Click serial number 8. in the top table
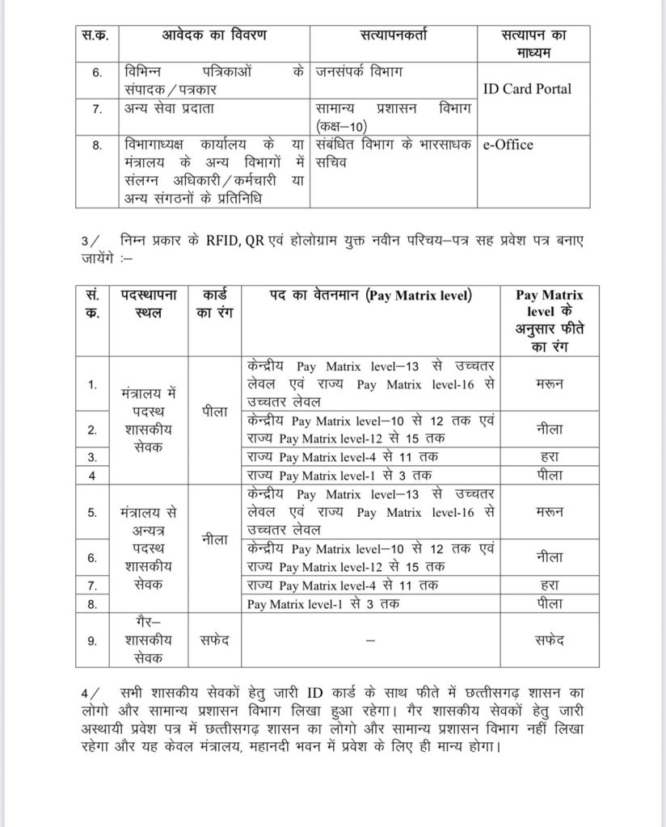97,145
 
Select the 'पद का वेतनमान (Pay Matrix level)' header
369,296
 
